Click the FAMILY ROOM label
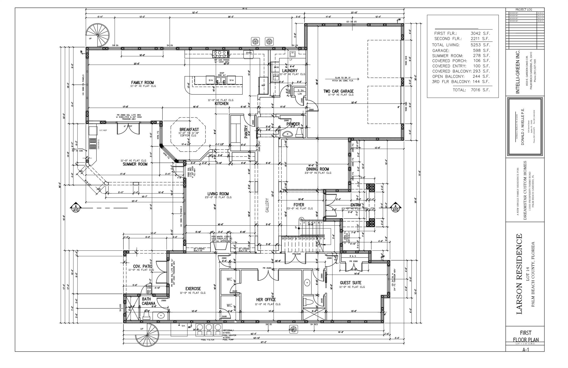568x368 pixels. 142,82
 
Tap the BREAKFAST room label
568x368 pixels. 189,130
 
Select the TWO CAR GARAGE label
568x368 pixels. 338,91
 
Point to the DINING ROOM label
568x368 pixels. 318,169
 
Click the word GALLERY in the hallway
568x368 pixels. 267,205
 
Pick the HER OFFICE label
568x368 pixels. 266,300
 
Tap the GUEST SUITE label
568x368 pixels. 351,283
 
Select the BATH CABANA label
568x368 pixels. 148,301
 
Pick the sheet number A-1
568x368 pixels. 525,350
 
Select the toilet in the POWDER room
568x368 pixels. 299,133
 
